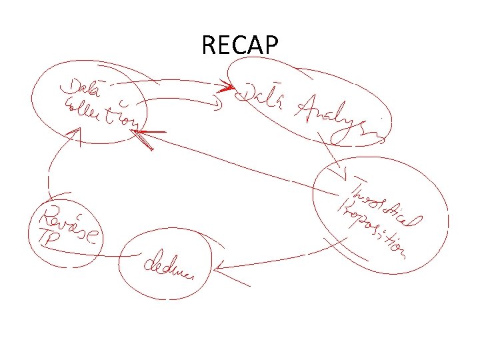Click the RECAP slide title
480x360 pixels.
(x=239, y=46)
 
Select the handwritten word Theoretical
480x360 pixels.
(x=387, y=201)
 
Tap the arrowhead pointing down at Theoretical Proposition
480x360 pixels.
(x=343, y=175)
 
